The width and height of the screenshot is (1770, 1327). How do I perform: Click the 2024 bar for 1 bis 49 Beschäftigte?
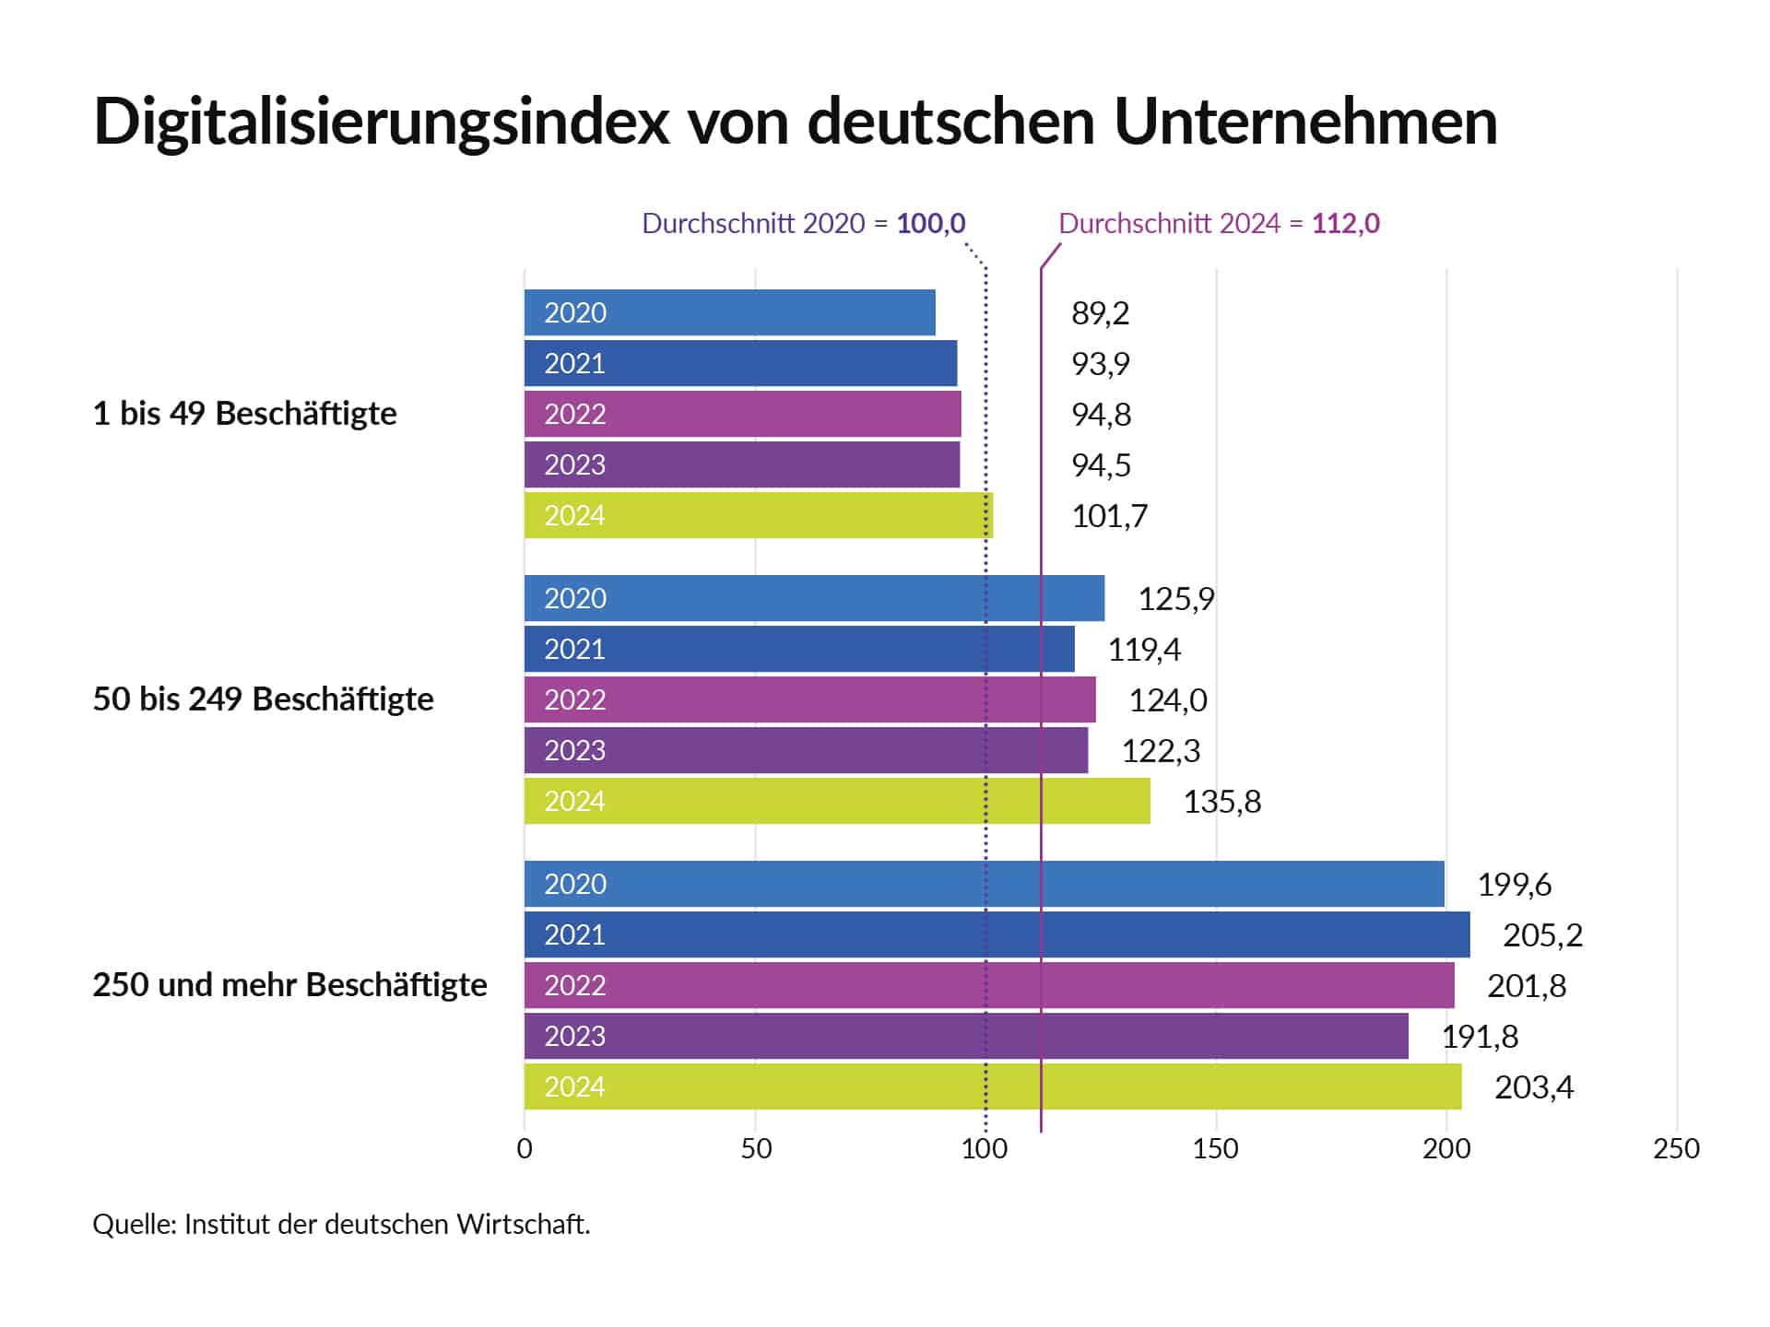(x=758, y=515)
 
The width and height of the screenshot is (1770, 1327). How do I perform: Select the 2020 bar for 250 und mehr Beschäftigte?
(x=984, y=884)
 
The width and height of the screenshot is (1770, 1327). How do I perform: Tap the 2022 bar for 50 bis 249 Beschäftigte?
(x=809, y=699)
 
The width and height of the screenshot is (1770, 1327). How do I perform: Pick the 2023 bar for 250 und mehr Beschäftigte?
(x=965, y=1036)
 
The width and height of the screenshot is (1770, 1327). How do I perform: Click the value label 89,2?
(x=1100, y=313)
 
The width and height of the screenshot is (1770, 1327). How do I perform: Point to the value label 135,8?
(x=1221, y=802)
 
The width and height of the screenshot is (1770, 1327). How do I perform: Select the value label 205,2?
(x=1542, y=935)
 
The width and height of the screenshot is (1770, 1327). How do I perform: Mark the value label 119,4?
(x=1143, y=650)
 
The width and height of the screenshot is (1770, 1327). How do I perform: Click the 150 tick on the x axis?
(x=1215, y=1148)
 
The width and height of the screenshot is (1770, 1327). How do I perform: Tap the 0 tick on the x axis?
(x=525, y=1148)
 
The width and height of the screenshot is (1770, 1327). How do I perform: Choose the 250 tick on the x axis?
(x=1676, y=1148)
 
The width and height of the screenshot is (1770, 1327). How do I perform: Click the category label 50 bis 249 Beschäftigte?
(x=263, y=699)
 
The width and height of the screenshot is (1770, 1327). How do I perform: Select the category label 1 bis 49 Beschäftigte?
(x=244, y=414)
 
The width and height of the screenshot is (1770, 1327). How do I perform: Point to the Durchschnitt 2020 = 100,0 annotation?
(x=803, y=223)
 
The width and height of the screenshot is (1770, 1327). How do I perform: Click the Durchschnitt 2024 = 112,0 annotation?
(x=1219, y=223)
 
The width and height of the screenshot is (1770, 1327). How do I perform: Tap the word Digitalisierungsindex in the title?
(x=381, y=121)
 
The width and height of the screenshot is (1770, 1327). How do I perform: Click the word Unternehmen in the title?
(x=1305, y=121)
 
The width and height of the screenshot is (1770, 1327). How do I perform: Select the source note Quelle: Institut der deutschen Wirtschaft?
(x=341, y=1224)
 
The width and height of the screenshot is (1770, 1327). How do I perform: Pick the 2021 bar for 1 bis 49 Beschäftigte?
(x=740, y=363)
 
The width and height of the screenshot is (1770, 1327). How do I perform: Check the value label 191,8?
(x=1480, y=1037)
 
